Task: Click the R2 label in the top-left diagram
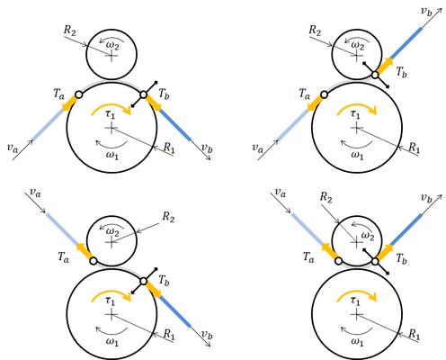tap(70, 31)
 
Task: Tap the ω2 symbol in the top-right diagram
tap(357, 45)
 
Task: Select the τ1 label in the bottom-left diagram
tap(111, 300)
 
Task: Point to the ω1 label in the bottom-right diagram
tap(357, 341)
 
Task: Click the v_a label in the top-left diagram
tap(13, 148)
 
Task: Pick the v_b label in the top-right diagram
tap(426, 11)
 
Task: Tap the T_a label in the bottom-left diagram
tap(63, 257)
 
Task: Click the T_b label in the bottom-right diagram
tap(402, 258)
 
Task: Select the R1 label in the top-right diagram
tap(415, 148)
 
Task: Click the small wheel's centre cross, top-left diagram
tap(111, 56)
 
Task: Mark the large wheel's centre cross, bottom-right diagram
tap(356, 314)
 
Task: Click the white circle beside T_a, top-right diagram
tap(324, 94)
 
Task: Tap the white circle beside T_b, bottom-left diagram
tap(144, 282)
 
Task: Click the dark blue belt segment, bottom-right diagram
tap(406, 230)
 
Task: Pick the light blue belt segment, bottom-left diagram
tap(62, 229)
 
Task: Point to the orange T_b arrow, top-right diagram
tap(384, 66)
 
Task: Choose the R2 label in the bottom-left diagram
tap(168, 217)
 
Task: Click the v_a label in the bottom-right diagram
tap(281, 193)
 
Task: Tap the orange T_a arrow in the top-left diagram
tap(69, 103)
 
